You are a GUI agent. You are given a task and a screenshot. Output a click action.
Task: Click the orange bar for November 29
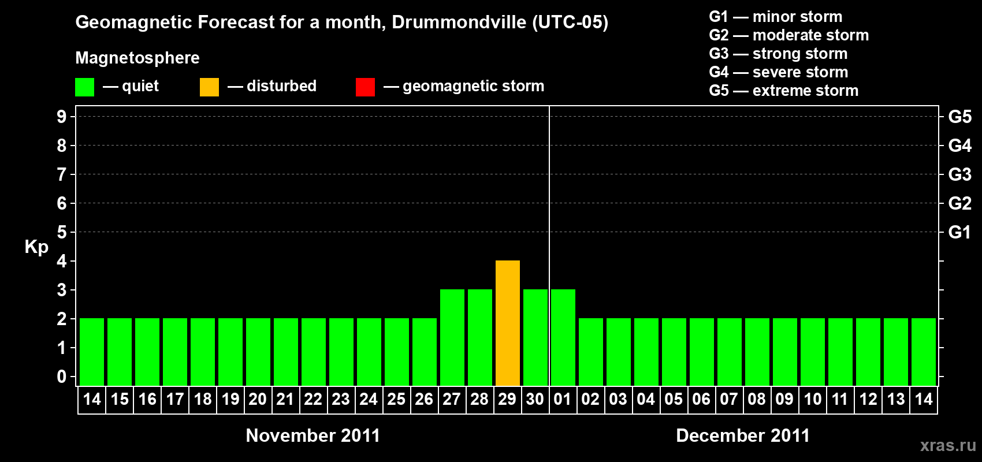(x=508, y=323)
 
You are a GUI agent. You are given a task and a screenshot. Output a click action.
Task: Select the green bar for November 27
(x=452, y=338)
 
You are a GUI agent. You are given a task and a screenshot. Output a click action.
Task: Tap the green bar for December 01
(x=563, y=338)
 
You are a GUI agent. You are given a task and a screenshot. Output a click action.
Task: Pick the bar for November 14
(x=92, y=352)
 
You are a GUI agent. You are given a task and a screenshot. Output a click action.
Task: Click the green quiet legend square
(x=85, y=87)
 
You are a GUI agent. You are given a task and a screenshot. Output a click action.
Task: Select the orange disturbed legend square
(x=209, y=87)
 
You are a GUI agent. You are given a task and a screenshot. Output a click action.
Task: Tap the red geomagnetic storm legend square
(x=365, y=87)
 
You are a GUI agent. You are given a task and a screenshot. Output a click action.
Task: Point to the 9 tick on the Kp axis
(x=62, y=117)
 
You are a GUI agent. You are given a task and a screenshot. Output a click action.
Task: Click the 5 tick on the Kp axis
(x=62, y=232)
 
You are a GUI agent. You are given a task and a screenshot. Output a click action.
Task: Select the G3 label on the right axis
(x=959, y=174)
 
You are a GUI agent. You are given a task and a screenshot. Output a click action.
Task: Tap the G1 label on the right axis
(x=959, y=232)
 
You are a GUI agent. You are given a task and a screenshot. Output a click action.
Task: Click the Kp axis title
(x=36, y=247)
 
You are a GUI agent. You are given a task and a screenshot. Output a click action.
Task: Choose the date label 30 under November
(x=535, y=399)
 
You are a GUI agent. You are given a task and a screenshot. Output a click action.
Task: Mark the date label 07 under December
(x=729, y=399)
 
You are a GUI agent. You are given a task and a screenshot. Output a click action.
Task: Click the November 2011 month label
(x=313, y=435)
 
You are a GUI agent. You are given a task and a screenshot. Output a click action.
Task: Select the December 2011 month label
(x=743, y=435)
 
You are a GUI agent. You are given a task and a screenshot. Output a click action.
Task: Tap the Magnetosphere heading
(x=137, y=58)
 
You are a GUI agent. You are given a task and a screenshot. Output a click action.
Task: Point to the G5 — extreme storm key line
(x=783, y=91)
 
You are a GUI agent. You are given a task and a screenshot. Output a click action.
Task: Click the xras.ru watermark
(x=947, y=445)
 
